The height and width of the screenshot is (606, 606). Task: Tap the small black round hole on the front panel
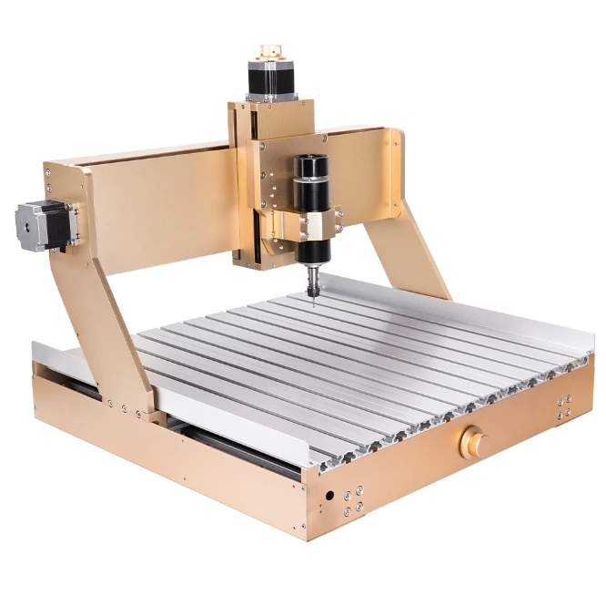coord(328,497)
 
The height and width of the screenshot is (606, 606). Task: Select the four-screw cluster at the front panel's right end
coord(565,407)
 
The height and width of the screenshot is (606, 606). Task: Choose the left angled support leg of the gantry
coord(105,328)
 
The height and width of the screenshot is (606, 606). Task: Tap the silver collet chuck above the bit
coord(312,274)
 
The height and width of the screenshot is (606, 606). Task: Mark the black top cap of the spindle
coord(310,165)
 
